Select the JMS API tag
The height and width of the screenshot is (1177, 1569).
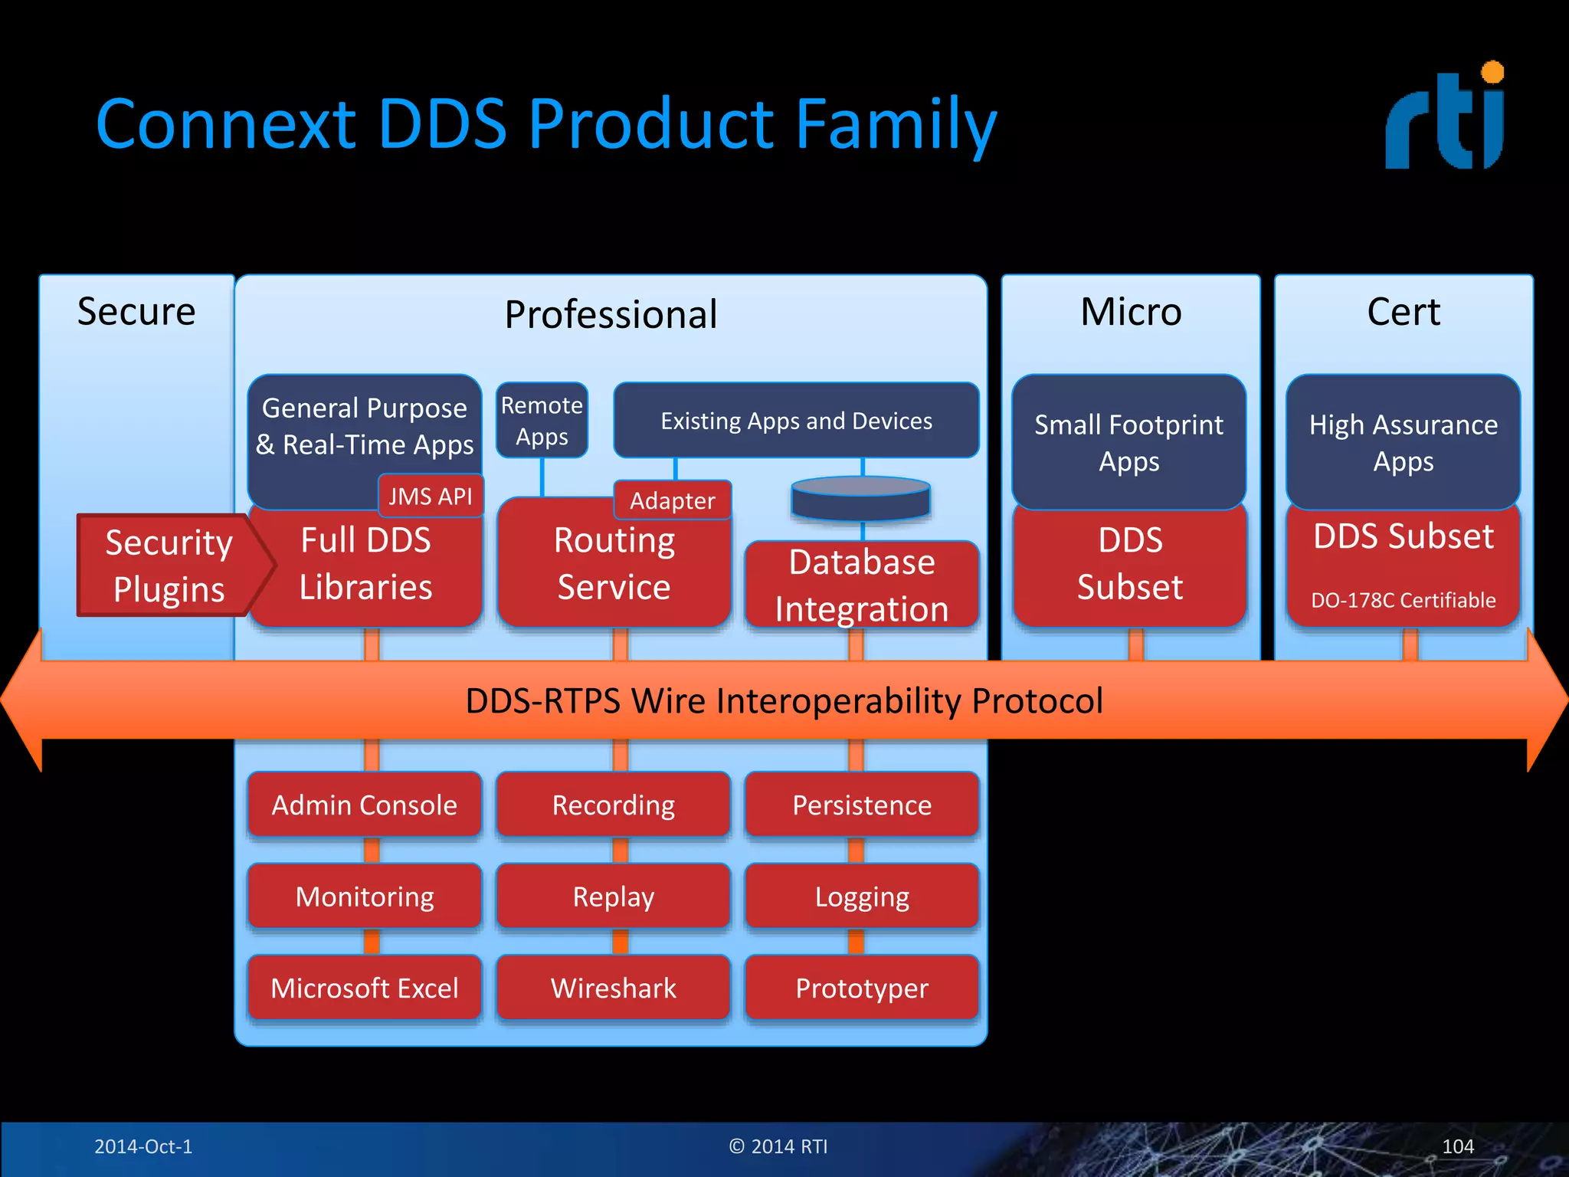(431, 496)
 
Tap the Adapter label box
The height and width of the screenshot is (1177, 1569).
(672, 500)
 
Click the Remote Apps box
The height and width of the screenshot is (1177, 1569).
(542, 421)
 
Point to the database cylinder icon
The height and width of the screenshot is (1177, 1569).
(860, 498)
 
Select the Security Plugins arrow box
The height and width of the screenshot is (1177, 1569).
(170, 566)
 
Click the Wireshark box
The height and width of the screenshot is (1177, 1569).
(613, 988)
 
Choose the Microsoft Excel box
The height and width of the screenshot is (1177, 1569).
(364, 988)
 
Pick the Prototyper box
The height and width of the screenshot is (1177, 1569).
(862, 988)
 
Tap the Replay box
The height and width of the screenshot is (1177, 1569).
(613, 897)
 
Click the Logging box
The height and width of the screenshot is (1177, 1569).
(862, 897)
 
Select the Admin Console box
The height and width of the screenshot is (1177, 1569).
(364, 805)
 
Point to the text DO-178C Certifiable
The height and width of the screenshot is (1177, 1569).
(1403, 600)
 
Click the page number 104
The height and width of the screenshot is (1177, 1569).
(1457, 1146)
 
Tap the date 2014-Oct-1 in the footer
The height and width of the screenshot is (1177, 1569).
(143, 1146)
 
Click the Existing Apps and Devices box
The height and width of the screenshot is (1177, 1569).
(796, 421)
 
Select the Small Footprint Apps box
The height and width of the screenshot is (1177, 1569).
(1128, 442)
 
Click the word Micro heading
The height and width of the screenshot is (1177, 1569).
(1131, 312)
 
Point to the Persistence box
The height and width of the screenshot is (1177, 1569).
(862, 805)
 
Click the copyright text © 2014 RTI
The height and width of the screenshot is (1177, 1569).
(778, 1146)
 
